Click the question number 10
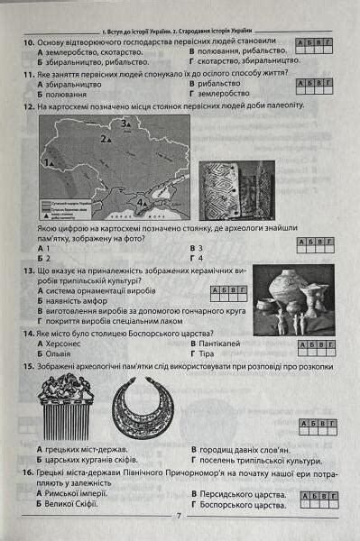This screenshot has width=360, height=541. click(28, 41)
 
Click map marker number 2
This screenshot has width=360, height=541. click(106, 141)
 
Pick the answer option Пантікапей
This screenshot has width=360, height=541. click(223, 344)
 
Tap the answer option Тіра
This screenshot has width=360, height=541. click(210, 354)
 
